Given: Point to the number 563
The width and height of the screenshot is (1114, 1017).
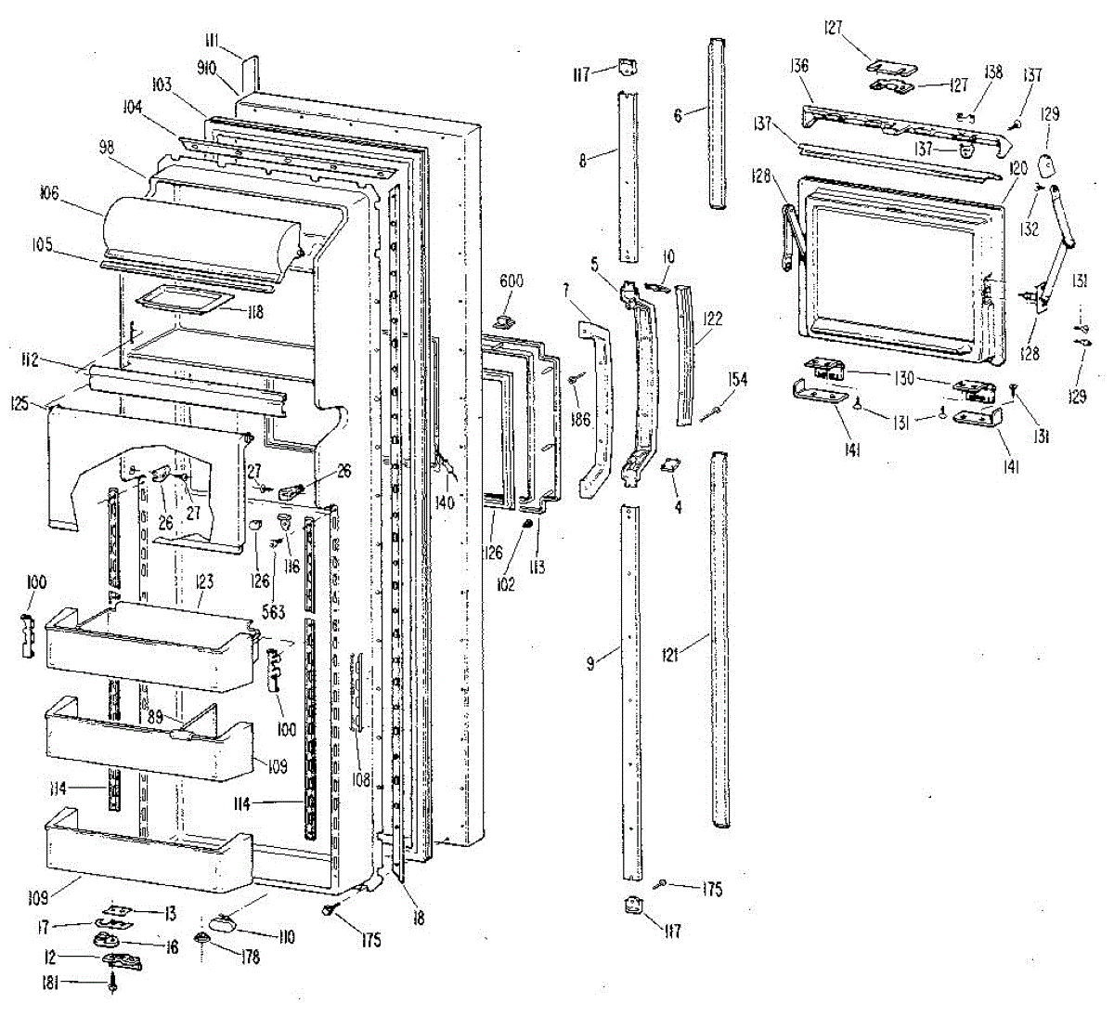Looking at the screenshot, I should tap(273, 612).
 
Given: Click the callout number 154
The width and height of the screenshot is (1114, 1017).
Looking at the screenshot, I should tap(738, 380).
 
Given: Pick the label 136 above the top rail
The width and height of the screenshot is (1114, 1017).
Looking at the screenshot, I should tap(797, 66).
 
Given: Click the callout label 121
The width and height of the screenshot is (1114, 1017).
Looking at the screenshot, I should tap(671, 655).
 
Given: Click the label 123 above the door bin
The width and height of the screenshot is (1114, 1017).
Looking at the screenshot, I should tap(204, 582).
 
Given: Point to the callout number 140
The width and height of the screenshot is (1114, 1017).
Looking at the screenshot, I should tap(445, 502).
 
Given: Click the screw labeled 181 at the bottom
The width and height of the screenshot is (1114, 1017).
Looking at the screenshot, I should tap(113, 983).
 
